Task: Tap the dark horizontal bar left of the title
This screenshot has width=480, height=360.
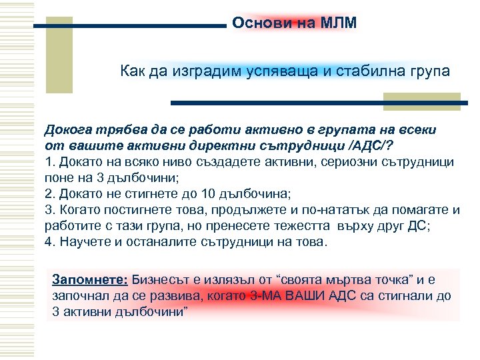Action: (x=131, y=26)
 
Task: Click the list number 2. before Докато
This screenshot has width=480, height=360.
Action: (x=49, y=193)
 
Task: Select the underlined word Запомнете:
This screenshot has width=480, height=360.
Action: (x=90, y=279)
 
